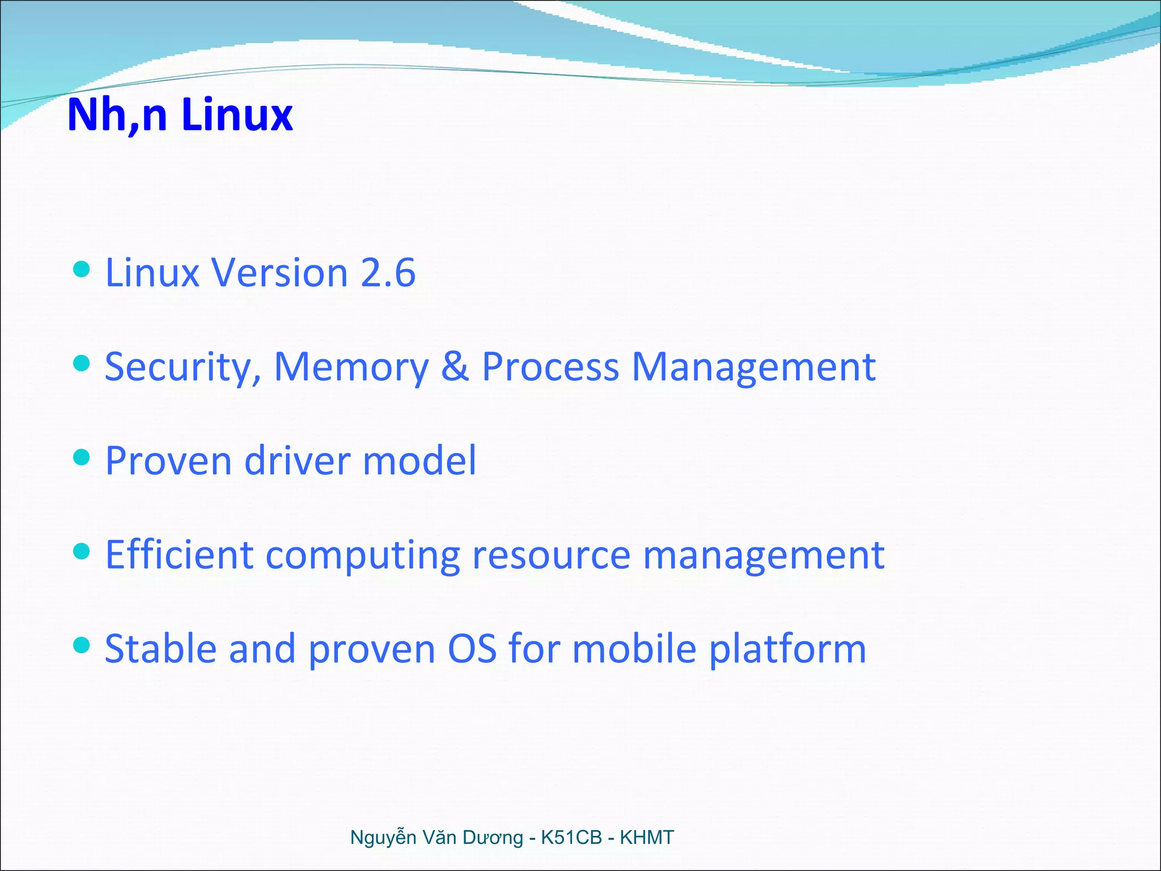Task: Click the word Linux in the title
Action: coord(237,115)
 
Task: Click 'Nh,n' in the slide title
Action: coord(117,115)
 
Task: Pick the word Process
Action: coord(550,367)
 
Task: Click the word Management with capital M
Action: coord(753,367)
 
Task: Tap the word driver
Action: coord(297,460)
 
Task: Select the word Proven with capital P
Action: coord(168,460)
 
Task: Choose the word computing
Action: coord(362,556)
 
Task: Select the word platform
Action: coord(787,649)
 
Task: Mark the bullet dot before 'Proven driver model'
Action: coord(82,457)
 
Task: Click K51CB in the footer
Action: coord(571,838)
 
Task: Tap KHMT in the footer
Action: coord(646,838)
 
